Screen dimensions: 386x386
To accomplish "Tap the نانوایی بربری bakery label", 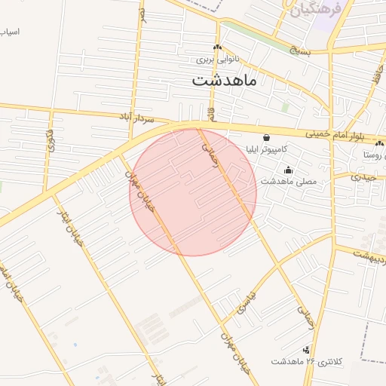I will pos(217,58).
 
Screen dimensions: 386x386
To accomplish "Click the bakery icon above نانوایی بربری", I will pos(217,47).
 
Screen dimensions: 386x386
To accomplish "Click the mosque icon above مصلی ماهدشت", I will pos(289,170).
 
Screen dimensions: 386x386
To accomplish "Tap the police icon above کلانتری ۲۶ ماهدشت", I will pos(306,350).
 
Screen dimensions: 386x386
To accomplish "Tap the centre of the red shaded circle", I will pos(193,192).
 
